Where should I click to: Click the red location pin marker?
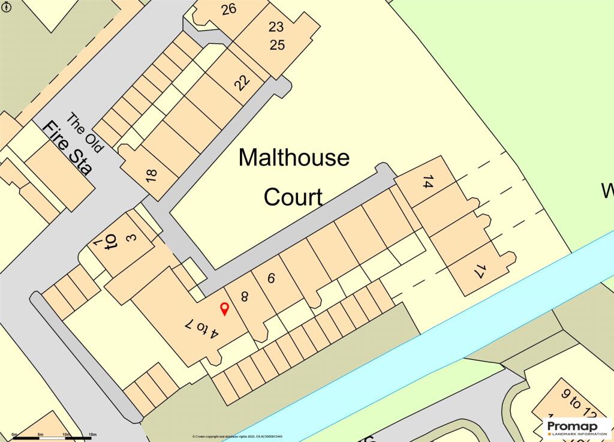[225, 309]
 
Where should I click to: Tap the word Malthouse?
[294, 158]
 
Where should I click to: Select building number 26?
[228, 9]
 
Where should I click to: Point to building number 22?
[242, 82]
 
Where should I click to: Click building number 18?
[151, 175]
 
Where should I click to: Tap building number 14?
[428, 182]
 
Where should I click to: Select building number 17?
[478, 272]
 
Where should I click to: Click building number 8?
[245, 296]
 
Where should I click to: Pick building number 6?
[270, 278]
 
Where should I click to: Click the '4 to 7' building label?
[200, 330]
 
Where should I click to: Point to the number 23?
[276, 26]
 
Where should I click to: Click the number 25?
[276, 44]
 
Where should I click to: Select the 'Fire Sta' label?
[68, 148]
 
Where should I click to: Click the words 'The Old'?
[85, 132]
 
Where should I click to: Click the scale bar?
[54, 438]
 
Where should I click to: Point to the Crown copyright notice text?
[237, 437]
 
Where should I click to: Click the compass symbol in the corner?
[5, 6]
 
